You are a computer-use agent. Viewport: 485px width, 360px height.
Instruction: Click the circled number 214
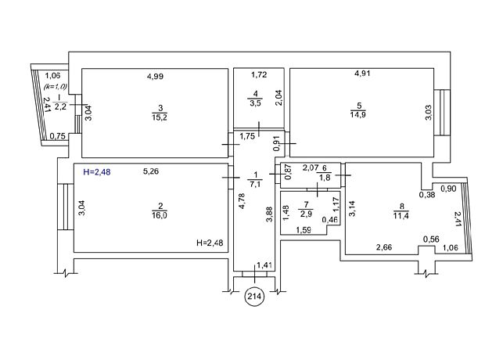(x=254, y=297)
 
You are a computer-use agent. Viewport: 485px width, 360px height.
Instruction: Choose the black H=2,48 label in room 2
(x=212, y=244)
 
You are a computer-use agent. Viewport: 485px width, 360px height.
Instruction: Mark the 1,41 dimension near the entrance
(x=264, y=266)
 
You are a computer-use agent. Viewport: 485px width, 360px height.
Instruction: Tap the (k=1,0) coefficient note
(x=55, y=86)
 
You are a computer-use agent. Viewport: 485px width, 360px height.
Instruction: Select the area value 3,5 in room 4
(x=253, y=102)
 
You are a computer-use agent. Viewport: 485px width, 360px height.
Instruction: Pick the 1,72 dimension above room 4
(x=259, y=76)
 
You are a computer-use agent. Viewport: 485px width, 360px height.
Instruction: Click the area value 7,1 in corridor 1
(x=254, y=185)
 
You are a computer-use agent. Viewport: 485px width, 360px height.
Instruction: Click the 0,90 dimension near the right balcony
(x=450, y=189)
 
